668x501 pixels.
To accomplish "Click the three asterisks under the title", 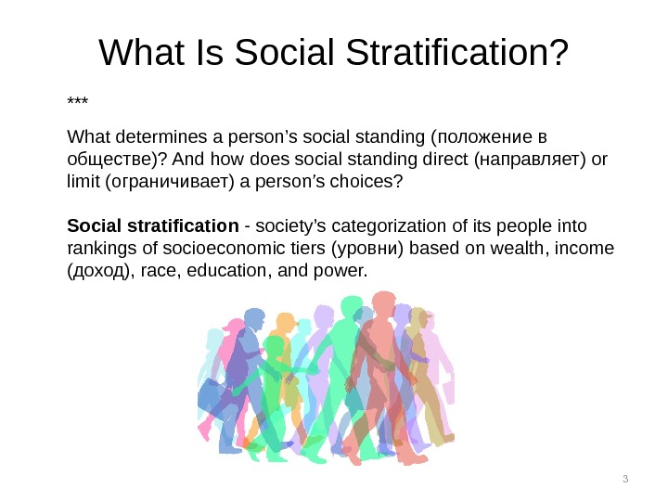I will point(77,100).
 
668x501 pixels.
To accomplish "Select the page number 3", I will point(625,479).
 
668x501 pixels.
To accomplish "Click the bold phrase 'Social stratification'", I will point(153,225).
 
